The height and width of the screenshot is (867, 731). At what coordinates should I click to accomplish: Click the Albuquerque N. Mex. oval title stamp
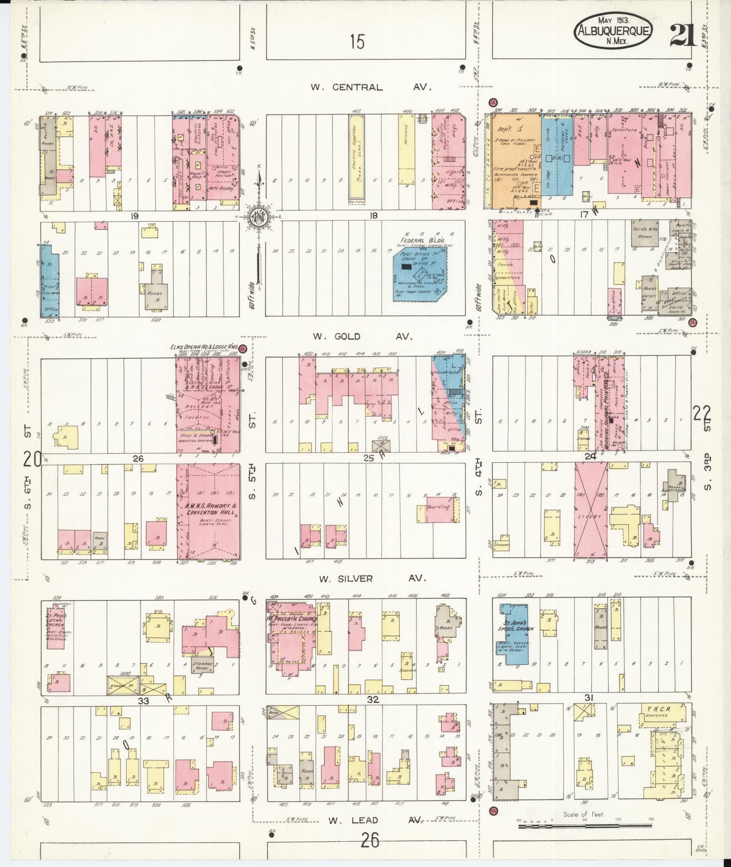[x=613, y=31]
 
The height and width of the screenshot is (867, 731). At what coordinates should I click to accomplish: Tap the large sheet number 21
[x=683, y=35]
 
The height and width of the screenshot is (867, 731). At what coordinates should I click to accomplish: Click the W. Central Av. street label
[x=371, y=87]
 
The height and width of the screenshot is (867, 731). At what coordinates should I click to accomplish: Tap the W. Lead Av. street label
[x=371, y=820]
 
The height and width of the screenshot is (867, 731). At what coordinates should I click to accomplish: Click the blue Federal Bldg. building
[x=420, y=273]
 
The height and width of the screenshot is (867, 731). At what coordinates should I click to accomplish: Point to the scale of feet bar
[x=584, y=826]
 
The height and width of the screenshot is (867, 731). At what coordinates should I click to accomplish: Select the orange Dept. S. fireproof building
[x=512, y=160]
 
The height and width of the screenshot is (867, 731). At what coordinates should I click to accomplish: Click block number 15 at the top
[x=357, y=41]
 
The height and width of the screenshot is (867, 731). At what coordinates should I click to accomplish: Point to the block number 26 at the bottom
[x=370, y=841]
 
